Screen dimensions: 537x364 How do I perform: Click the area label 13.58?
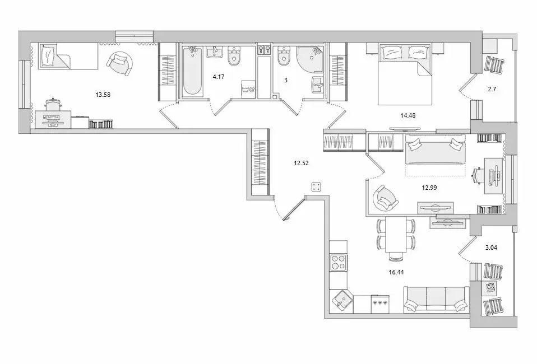pos(103,95)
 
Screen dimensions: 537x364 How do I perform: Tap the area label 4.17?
pos(219,77)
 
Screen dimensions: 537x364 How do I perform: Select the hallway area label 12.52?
pos(301,163)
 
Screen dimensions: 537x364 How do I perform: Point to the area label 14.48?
pos(408,115)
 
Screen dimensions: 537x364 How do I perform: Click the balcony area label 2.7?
pos(492,89)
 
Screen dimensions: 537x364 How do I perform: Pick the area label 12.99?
pos(429,188)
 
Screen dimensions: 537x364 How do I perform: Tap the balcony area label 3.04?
pos(491,248)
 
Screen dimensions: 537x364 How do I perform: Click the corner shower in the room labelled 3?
pos(310,59)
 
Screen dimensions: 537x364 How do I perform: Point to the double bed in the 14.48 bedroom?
pos(405,73)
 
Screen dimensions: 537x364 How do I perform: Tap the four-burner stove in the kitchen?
pos(339,262)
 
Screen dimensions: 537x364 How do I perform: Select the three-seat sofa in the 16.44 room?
pos(436,300)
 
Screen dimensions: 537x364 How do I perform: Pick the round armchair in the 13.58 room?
pos(120,63)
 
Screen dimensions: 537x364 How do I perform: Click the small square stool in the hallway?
pos(316,187)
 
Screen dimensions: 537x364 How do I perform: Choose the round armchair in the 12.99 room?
pos(385,199)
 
